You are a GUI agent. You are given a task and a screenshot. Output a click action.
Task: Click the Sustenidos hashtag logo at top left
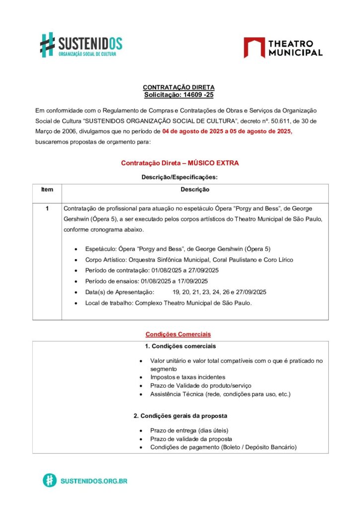coord(47,44)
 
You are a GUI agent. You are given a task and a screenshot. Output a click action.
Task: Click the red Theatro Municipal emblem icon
coord(254,47)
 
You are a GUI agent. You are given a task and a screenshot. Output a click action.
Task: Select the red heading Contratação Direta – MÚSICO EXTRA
coord(180,163)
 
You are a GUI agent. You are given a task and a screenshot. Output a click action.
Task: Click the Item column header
coord(47,189)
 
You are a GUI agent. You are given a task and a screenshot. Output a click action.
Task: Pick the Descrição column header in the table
coord(194,189)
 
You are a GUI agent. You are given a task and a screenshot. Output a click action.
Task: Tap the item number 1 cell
coord(47,208)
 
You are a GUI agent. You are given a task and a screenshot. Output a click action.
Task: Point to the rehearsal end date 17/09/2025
coord(191,281)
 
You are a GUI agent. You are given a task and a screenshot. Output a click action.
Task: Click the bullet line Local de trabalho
coord(169,303)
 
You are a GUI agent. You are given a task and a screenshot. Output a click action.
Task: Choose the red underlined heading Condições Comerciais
coord(178,334)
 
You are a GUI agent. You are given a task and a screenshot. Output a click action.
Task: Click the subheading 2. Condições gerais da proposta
coord(180,416)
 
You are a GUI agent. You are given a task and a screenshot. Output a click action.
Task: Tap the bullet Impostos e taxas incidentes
coord(187,377)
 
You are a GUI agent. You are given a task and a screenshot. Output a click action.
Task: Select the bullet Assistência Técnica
coord(220,394)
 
